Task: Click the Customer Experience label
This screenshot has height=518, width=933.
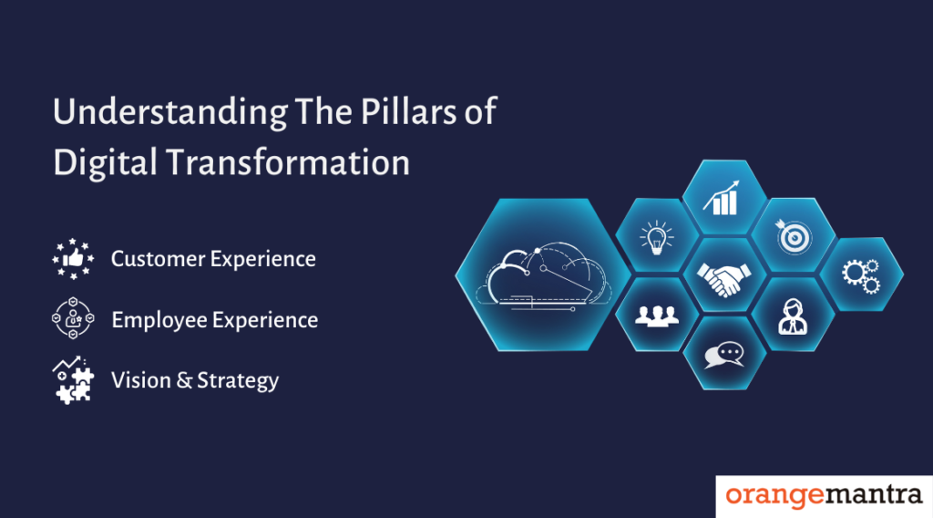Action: (213, 259)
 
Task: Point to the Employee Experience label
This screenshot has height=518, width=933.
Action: (214, 320)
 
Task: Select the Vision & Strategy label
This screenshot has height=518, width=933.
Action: (195, 380)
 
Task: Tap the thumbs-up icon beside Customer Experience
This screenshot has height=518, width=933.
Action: (74, 259)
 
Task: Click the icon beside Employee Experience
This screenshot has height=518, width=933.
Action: (74, 319)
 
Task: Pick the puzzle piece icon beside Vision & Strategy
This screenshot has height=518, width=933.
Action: (74, 380)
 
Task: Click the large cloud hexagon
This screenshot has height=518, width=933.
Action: (542, 272)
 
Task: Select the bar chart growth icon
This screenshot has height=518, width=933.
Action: (723, 198)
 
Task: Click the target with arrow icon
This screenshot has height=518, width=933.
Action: (792, 235)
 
